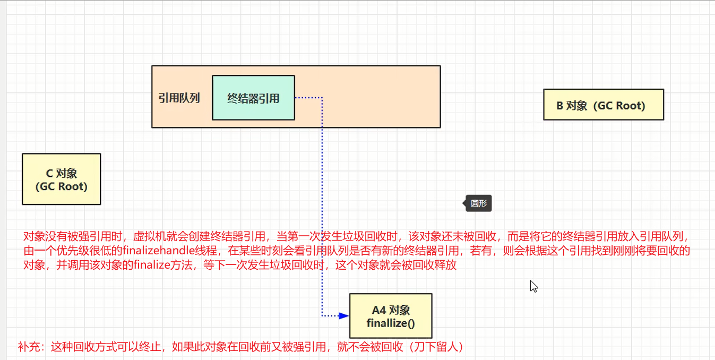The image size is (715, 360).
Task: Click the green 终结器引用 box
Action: point(253,98)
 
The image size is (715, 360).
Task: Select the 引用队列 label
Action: point(179,98)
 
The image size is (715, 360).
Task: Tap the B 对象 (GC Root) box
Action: point(604,105)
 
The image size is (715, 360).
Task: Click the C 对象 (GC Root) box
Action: point(61,179)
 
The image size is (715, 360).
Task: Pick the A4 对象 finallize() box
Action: point(391,316)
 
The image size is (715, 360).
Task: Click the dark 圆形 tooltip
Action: point(478,203)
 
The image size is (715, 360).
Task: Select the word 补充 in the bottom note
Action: point(28,347)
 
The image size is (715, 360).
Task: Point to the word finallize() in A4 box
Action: point(391,323)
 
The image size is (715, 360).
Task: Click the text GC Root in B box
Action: point(619,106)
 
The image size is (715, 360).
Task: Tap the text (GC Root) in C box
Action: point(61,186)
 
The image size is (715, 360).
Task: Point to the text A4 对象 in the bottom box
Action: point(391,310)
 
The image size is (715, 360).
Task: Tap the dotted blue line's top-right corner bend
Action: point(322,98)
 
